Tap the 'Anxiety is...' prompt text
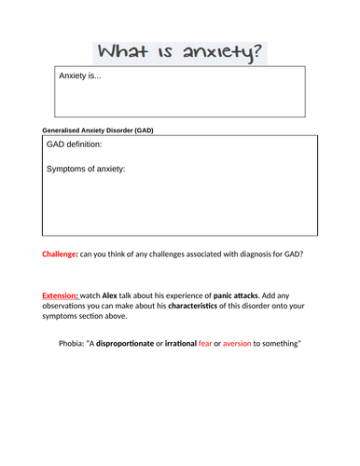(80, 76)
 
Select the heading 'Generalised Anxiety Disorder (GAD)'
(98, 130)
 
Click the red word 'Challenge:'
(61, 254)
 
